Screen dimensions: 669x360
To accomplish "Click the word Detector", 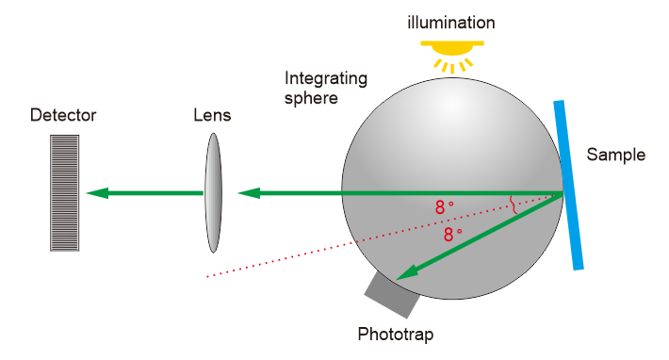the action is pyautogui.click(x=63, y=115).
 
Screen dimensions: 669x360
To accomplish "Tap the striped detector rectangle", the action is pyautogui.click(x=64, y=193).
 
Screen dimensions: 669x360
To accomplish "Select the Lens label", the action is pyautogui.click(x=212, y=115).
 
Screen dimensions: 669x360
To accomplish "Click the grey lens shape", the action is pyautogui.click(x=213, y=193).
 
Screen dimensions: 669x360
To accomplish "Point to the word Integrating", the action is pyautogui.click(x=326, y=79).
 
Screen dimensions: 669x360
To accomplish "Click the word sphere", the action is pyautogui.click(x=311, y=99).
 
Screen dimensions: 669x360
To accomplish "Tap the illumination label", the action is pyautogui.click(x=451, y=23).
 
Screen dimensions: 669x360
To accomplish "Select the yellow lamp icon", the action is pyautogui.click(x=452, y=57).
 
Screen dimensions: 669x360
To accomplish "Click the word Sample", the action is pyautogui.click(x=615, y=155).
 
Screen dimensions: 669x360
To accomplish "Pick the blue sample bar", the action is pyautogui.click(x=568, y=185).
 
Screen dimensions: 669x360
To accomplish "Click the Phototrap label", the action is pyautogui.click(x=396, y=335).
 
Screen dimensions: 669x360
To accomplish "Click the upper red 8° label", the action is pyautogui.click(x=444, y=207).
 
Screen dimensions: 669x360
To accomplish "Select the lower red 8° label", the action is pyautogui.click(x=452, y=234).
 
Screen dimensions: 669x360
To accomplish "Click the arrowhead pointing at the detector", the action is pyautogui.click(x=97, y=193).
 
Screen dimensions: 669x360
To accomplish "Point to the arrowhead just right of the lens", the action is pyautogui.click(x=249, y=193).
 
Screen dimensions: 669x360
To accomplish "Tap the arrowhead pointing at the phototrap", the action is pyautogui.click(x=406, y=273).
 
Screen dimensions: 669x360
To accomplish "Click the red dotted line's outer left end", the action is pyautogui.click(x=207, y=277).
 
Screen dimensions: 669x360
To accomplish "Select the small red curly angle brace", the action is pyautogui.click(x=514, y=205).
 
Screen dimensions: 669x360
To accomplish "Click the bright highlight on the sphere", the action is pyautogui.click(x=452, y=105).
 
